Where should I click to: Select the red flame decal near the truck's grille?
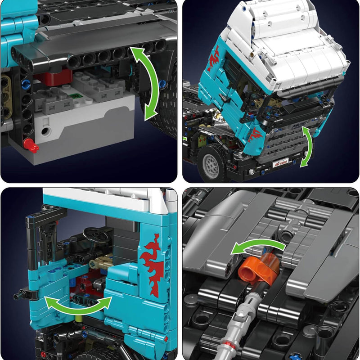pyautogui.click(x=256, y=133)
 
